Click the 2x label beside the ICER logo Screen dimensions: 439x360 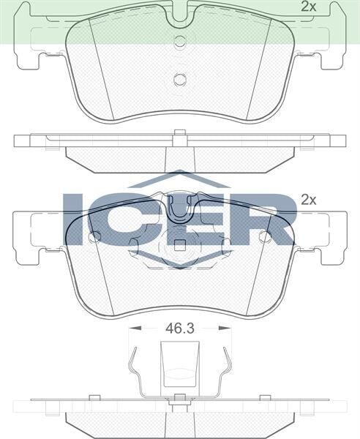coord(308,199)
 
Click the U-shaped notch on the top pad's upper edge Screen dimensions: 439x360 coord(180,16)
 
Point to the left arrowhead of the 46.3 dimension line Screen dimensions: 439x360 coord(131,329)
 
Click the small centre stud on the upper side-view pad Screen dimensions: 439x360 coord(180,133)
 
